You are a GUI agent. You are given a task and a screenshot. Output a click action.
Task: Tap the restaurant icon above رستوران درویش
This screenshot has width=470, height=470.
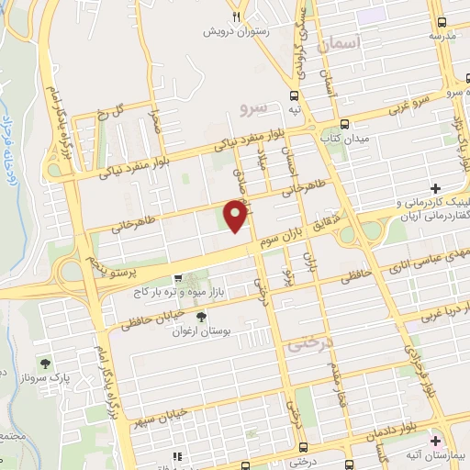236,17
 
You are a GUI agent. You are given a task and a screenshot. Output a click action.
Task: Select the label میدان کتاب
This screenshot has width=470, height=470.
343,140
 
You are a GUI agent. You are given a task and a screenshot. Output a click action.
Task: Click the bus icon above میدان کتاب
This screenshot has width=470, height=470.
343,123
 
